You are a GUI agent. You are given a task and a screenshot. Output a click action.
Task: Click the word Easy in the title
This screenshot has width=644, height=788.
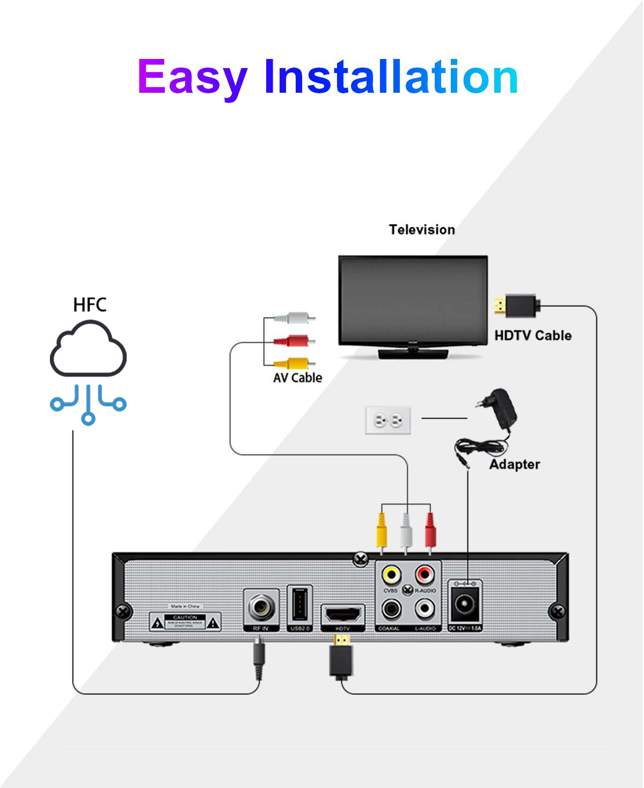click(192, 78)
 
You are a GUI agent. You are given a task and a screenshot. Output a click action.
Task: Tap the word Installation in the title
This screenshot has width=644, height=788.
click(391, 78)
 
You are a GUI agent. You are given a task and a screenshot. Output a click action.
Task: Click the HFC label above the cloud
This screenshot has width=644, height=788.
click(90, 305)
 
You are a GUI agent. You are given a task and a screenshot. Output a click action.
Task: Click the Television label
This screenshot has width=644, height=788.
click(422, 229)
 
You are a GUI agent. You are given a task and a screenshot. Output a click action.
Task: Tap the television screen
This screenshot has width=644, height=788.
click(413, 300)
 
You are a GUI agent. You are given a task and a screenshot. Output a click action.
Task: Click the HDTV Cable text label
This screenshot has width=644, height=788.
click(532, 336)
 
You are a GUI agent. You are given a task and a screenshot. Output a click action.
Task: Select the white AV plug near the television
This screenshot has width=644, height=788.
click(294, 318)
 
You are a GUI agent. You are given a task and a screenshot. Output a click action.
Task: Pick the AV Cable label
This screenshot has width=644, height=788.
click(297, 378)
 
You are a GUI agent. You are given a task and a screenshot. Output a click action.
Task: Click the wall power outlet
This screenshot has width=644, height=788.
click(388, 420)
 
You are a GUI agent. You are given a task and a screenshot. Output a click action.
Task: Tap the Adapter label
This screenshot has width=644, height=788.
click(514, 464)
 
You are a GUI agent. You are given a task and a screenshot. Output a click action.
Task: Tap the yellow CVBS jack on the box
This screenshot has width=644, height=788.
click(391, 575)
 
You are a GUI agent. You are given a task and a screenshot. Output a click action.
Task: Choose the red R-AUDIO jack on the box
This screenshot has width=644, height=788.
click(425, 575)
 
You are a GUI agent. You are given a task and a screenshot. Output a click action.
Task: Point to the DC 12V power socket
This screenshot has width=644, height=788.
click(465, 606)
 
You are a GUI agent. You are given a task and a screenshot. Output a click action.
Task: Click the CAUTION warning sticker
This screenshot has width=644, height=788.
click(185, 622)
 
